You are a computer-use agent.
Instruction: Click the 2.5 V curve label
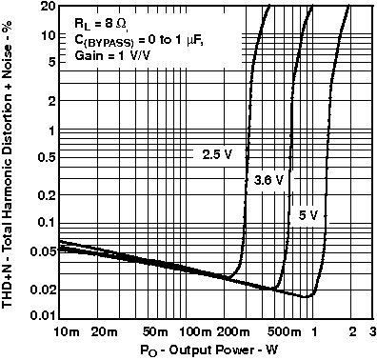tap(216, 153)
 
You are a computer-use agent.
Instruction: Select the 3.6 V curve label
tap(269, 179)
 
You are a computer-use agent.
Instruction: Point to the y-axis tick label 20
tap(42, 8)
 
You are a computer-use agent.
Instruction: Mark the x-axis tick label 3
tap(372, 331)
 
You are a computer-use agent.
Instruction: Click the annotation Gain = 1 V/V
tap(111, 57)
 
